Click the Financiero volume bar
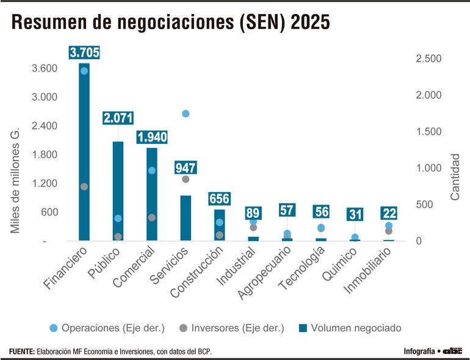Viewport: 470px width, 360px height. point(84,153)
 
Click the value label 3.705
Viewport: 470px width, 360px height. point(84,52)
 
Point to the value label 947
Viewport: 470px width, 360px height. point(186,167)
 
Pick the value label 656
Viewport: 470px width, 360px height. point(220,199)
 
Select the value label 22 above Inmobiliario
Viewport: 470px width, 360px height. point(389,213)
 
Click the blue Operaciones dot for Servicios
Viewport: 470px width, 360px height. point(186,113)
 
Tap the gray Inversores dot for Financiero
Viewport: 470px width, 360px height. point(84,187)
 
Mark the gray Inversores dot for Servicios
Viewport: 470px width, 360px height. point(186,179)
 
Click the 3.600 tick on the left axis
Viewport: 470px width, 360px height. point(45,68)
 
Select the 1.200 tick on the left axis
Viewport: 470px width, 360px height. point(45,184)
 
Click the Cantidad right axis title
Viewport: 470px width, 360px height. point(455,177)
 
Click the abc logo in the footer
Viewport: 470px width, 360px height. point(452,351)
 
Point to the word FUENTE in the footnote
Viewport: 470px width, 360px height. point(21,351)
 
